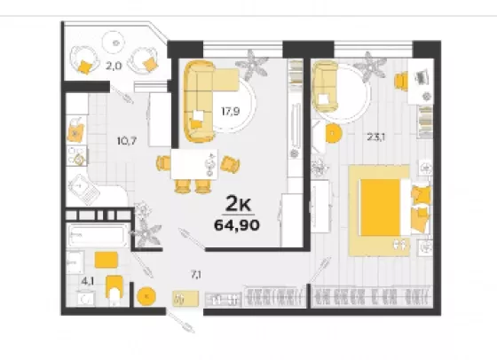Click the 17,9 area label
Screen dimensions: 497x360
[231, 111]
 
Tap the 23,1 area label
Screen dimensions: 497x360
[376, 137]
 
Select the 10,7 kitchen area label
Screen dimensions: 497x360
[127, 141]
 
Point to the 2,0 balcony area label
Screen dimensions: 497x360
[114, 67]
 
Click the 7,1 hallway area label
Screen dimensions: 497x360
[196, 275]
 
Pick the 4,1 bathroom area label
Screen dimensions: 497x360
[88, 280]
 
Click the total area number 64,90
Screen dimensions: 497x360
[237, 225]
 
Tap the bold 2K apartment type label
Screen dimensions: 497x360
[238, 204]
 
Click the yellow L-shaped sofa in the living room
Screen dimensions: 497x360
[203, 101]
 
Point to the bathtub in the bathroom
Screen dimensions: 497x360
[98, 235]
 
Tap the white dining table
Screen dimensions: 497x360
[194, 164]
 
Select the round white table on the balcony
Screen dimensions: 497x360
[114, 43]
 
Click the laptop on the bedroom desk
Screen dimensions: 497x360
[422, 77]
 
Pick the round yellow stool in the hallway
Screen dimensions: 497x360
[146, 296]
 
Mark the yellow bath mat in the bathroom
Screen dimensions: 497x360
[106, 260]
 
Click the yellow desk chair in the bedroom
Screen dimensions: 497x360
[401, 81]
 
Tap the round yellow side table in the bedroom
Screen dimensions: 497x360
[332, 134]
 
